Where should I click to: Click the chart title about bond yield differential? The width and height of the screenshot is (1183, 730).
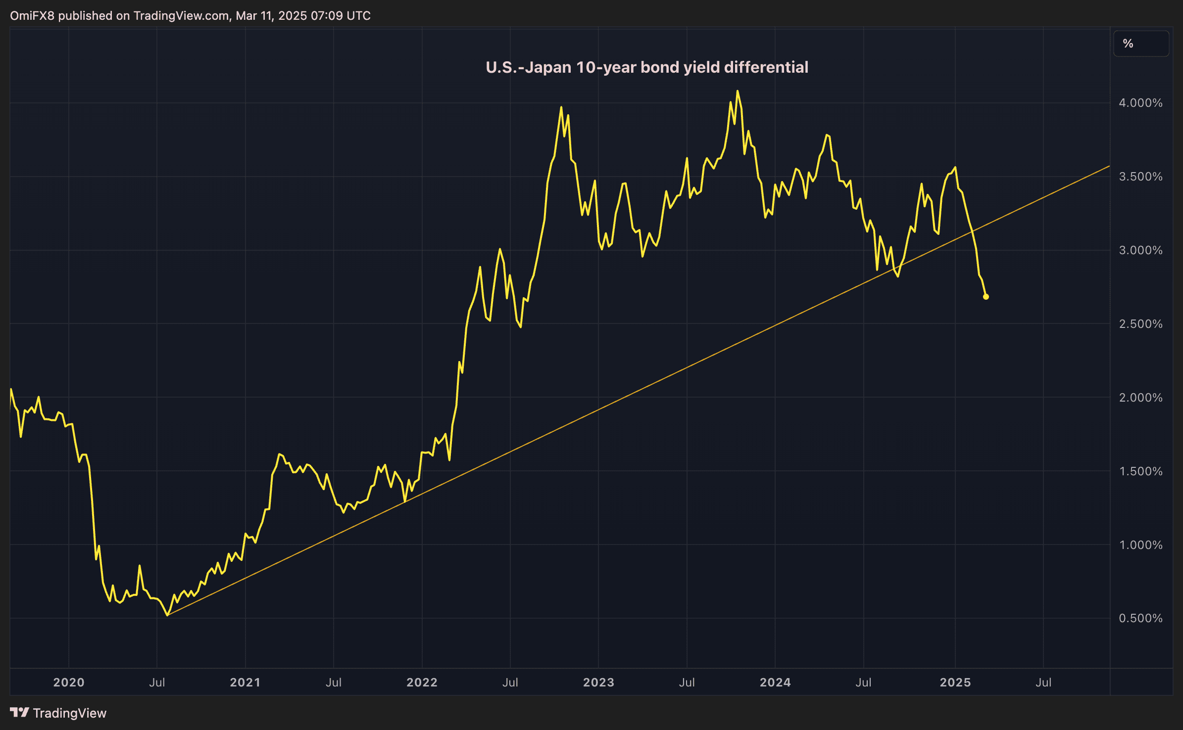pyautogui.click(x=646, y=67)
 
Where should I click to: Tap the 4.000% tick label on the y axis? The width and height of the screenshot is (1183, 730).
pyautogui.click(x=1140, y=103)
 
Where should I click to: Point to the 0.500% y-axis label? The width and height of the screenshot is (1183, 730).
pyautogui.click(x=1140, y=618)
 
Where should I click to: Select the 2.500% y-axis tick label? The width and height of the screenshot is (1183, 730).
pyautogui.click(x=1140, y=324)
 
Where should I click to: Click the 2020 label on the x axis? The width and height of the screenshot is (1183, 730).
pyautogui.click(x=69, y=683)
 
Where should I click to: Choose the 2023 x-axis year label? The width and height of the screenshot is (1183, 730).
pyautogui.click(x=598, y=683)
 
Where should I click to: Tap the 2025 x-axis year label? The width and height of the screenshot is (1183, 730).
pyautogui.click(x=955, y=683)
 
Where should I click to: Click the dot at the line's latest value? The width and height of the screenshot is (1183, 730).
pyautogui.click(x=986, y=297)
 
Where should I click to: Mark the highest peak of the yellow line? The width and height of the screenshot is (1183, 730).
pyautogui.click(x=738, y=91)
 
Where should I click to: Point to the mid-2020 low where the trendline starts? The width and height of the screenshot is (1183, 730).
pyautogui.click(x=167, y=615)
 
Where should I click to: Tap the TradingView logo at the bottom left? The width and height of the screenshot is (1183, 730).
pyautogui.click(x=58, y=713)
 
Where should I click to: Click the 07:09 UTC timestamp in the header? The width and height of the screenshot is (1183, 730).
pyautogui.click(x=341, y=16)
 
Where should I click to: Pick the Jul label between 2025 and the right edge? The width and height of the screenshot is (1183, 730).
pyautogui.click(x=1043, y=683)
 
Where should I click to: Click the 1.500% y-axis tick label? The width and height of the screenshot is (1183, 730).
pyautogui.click(x=1140, y=471)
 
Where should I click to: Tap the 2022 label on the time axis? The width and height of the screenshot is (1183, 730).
pyautogui.click(x=422, y=683)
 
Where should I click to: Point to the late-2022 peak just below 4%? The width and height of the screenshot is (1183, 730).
pyautogui.click(x=561, y=107)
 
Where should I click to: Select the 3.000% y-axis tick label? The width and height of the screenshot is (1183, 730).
pyautogui.click(x=1140, y=250)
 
